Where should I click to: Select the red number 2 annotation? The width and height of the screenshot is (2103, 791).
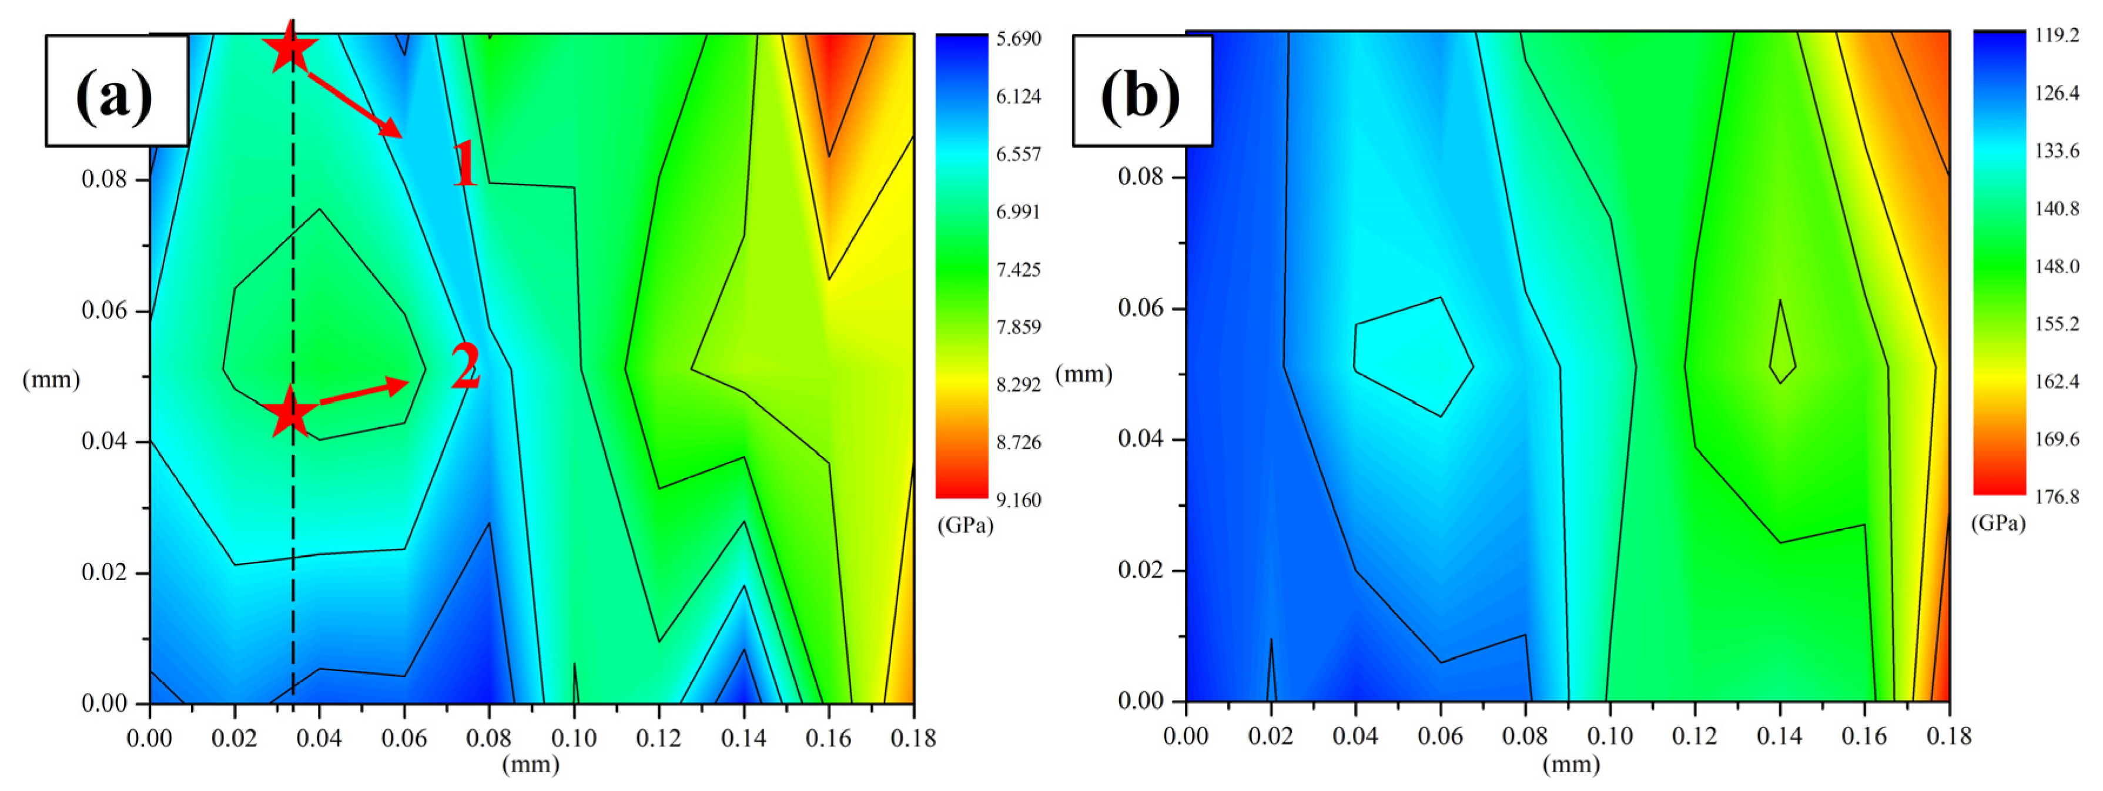[466, 367]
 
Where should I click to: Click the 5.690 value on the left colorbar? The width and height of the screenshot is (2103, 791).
[1018, 38]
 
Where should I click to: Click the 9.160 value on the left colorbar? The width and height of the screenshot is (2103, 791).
[1018, 500]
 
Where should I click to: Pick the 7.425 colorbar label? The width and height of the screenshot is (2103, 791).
[1018, 269]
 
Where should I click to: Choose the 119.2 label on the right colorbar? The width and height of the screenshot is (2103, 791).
[2057, 35]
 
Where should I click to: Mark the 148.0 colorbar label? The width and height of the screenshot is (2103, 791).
[2057, 266]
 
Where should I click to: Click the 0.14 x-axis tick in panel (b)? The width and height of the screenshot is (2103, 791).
[1780, 736]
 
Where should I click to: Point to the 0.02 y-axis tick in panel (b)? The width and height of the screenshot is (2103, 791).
[1140, 570]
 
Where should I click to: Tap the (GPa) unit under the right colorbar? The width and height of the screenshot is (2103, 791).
[1998, 523]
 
